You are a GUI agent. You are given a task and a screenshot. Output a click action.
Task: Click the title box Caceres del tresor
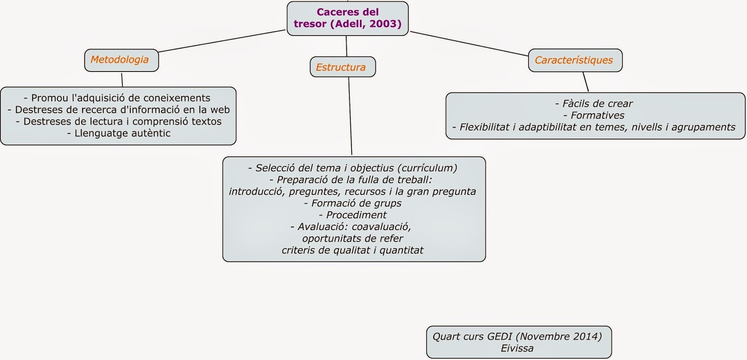tap(347, 18)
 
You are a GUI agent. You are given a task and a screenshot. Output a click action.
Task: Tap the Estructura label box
tap(342, 67)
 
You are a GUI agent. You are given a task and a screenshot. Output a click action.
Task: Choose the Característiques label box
tap(575, 60)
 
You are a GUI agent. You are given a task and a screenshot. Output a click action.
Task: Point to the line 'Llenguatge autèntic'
tap(119, 133)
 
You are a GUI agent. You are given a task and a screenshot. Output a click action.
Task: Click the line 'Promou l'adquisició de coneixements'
tap(117, 98)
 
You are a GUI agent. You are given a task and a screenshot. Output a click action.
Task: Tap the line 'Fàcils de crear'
tap(594, 104)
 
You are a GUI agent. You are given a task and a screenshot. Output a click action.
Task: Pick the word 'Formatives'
tap(597, 115)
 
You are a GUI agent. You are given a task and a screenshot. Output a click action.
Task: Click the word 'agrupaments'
tap(703, 127)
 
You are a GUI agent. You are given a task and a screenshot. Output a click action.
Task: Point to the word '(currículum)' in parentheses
tap(428, 168)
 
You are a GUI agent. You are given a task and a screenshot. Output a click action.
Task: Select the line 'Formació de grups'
tap(352, 203)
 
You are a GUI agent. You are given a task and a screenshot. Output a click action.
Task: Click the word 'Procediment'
tap(356, 215)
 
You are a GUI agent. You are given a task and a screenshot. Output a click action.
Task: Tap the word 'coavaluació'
tap(381, 226)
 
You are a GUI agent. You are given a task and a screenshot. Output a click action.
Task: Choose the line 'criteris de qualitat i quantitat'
tap(352, 250)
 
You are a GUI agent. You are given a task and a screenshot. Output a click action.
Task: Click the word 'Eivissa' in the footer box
tap(517, 348)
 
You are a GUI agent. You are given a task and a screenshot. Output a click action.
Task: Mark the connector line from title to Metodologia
tap(222, 41)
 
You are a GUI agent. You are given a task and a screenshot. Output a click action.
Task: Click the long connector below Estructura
tap(350, 117)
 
